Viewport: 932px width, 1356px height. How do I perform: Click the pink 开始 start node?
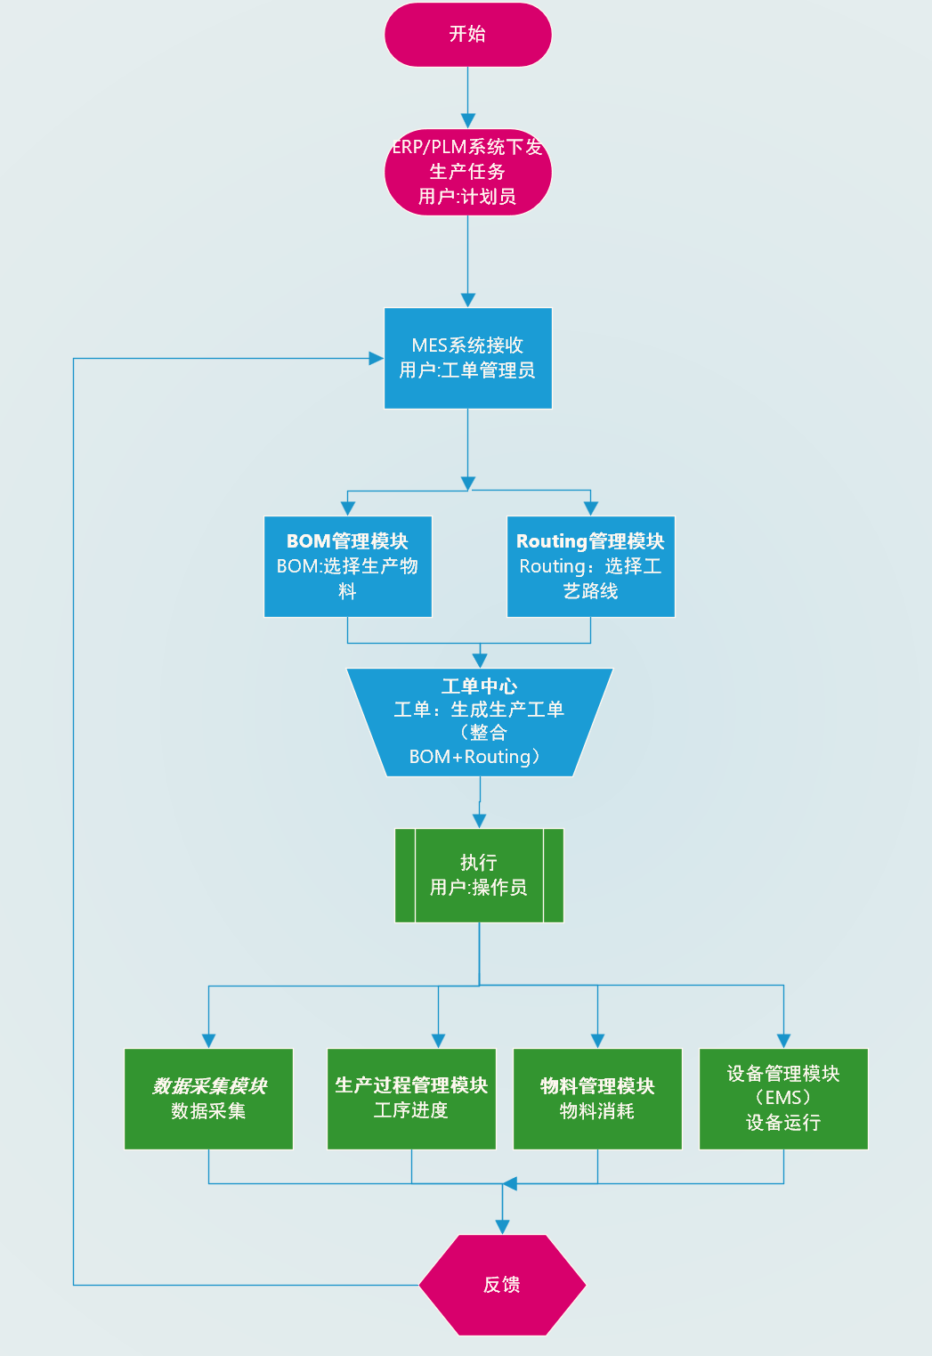[467, 35]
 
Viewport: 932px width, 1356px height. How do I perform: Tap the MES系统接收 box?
[467, 358]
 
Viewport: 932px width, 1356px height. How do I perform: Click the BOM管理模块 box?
[347, 566]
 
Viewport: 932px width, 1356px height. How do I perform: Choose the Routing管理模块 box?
[590, 566]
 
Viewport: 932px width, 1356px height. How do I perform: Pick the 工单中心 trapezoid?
[479, 722]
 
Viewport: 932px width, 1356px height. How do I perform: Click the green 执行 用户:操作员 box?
[479, 875]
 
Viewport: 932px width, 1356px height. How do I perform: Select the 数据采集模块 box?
[208, 1099]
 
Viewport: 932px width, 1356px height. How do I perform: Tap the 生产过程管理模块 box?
[411, 1099]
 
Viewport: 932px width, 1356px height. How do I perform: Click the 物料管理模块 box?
[597, 1099]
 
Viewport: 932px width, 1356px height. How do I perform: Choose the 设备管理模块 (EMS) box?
[783, 1099]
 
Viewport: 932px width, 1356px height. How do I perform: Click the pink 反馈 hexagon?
[502, 1285]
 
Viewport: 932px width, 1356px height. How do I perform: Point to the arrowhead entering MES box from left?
[376, 359]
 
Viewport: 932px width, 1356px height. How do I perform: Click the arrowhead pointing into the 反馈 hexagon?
[502, 1227]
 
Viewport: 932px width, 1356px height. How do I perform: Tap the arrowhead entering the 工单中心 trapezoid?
[480, 661]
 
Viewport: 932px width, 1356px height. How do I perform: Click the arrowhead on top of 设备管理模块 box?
[783, 1041]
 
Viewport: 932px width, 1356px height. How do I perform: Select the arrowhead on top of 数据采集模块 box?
[208, 1041]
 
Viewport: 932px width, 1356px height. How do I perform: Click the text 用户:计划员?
[467, 197]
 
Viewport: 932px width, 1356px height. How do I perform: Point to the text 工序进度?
[411, 1110]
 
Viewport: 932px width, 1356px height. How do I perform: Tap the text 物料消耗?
[597, 1111]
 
